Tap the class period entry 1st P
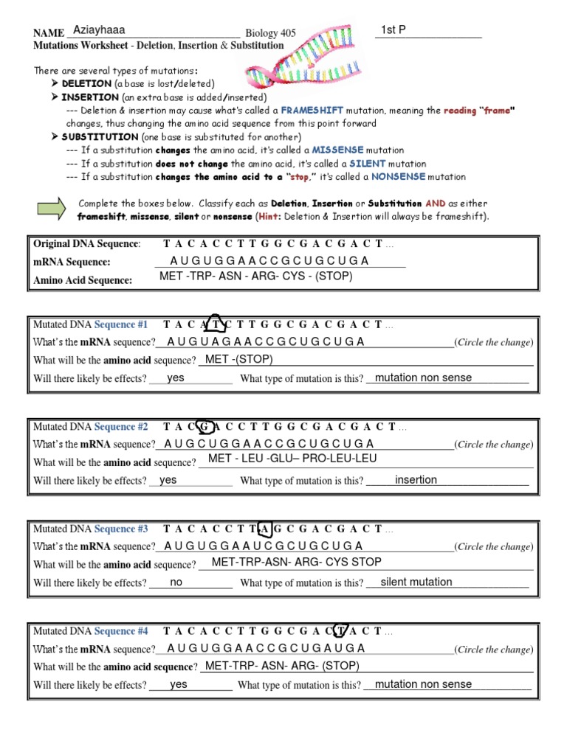(x=394, y=29)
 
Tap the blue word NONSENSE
(x=398, y=177)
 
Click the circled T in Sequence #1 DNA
(x=215, y=324)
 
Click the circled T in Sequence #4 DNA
(x=340, y=631)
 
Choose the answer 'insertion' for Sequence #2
(x=416, y=480)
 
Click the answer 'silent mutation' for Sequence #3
(x=416, y=582)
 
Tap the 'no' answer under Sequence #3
(x=176, y=582)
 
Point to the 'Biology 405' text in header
(x=270, y=33)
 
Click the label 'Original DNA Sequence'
(x=86, y=243)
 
